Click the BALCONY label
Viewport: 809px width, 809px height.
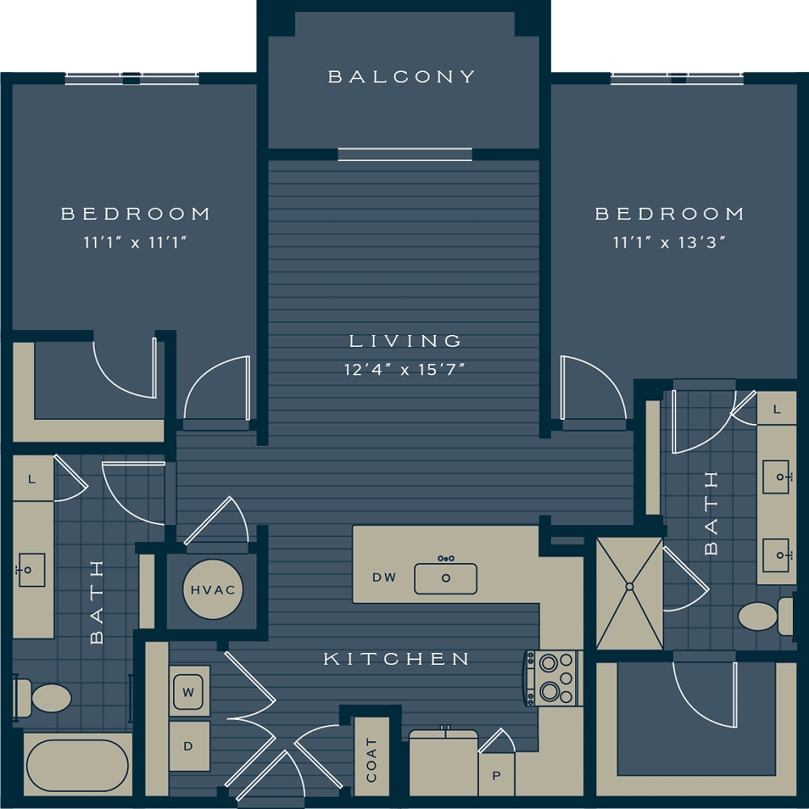(401, 77)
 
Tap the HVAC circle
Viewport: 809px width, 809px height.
(213, 589)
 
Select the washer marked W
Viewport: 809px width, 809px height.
(188, 692)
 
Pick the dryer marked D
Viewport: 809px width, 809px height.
(188, 746)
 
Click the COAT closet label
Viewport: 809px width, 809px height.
(371, 760)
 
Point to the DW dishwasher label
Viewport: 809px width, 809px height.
(384, 578)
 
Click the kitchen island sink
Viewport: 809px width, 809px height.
(446, 578)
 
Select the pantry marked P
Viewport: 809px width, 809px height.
(497, 775)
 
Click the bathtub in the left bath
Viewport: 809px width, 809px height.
(78, 765)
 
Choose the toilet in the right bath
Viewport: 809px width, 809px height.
(766, 616)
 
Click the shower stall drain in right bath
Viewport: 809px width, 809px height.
(629, 587)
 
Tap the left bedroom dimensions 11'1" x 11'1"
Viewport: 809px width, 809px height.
(134, 242)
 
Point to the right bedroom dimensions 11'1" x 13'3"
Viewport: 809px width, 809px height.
(669, 242)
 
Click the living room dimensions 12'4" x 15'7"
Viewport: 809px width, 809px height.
(404, 370)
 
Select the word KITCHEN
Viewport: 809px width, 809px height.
(396, 659)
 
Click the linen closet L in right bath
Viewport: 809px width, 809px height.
(777, 409)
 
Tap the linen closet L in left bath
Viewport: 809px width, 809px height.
(32, 479)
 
